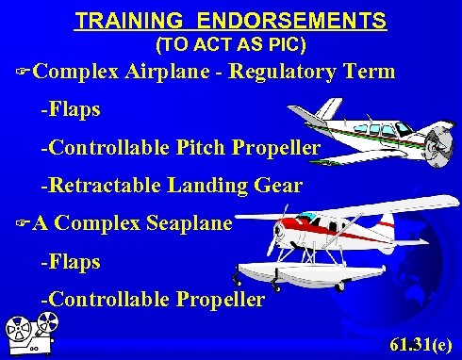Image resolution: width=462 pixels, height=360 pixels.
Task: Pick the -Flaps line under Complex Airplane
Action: pos(70,110)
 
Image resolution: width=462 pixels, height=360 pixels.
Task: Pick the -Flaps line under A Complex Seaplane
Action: pos(70,262)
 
